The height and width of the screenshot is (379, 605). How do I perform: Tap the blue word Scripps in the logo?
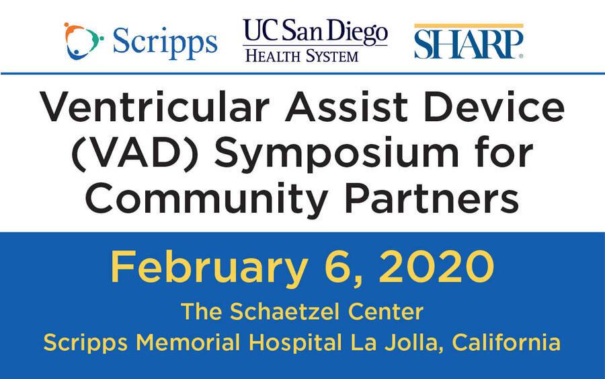click(165, 42)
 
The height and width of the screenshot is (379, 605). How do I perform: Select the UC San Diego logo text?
click(315, 31)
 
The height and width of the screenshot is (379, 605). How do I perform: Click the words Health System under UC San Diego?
click(302, 56)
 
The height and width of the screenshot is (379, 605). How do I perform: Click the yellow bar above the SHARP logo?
click(469, 26)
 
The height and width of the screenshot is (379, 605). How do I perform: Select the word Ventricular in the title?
click(155, 106)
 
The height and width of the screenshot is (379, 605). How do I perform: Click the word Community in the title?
click(206, 200)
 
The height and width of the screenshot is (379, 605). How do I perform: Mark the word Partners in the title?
click(432, 199)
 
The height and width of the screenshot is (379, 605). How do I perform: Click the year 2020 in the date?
click(437, 267)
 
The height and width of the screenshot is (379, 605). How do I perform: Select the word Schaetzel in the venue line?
click(285, 312)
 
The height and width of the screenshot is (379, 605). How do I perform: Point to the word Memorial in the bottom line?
click(188, 342)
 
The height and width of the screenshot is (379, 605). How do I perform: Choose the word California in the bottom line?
click(506, 342)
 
